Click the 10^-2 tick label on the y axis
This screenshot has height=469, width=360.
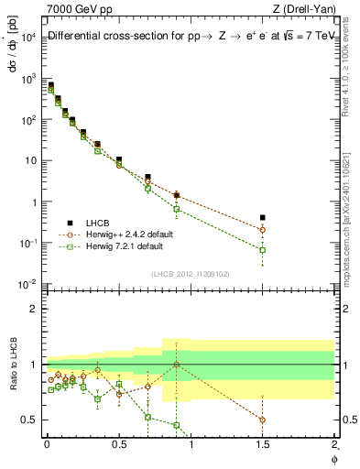30,284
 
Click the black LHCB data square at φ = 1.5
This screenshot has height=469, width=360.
263,218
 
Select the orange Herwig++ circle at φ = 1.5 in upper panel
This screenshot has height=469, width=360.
263,230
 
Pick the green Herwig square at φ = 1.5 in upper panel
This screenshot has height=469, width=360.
263,249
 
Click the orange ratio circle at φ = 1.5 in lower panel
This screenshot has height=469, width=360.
263,420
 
